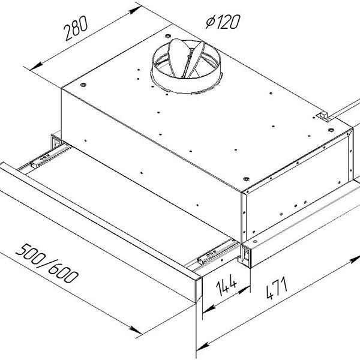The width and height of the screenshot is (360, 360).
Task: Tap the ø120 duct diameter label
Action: pos(222,22)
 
